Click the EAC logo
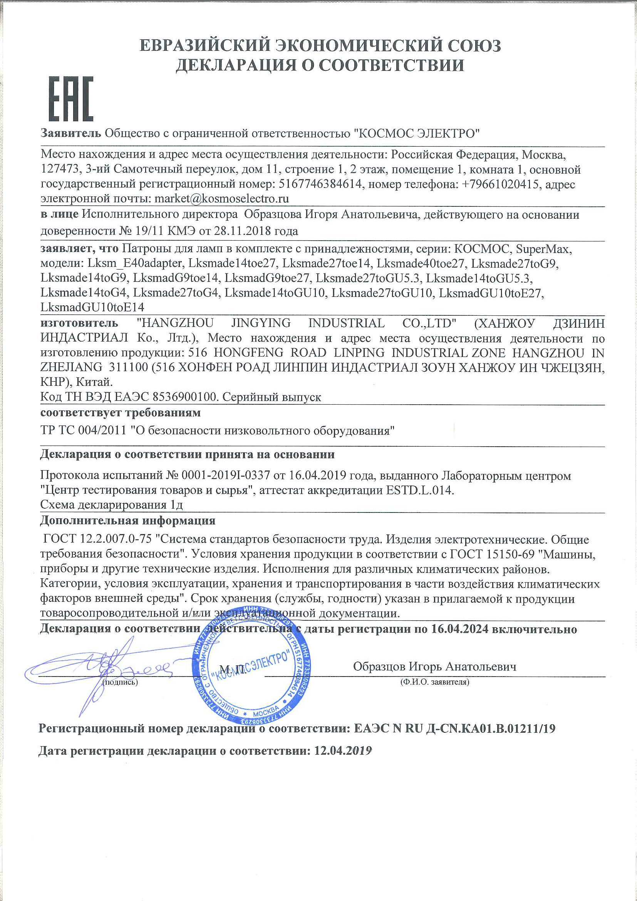click(x=70, y=99)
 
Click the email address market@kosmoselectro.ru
click(x=222, y=199)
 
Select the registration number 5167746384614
click(x=320, y=184)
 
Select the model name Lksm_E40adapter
click(x=135, y=263)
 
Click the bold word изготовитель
click(x=79, y=323)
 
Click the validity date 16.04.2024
click(x=459, y=629)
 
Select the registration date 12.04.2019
click(x=343, y=751)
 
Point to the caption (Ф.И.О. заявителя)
click(x=434, y=682)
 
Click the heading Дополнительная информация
click(x=127, y=521)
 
